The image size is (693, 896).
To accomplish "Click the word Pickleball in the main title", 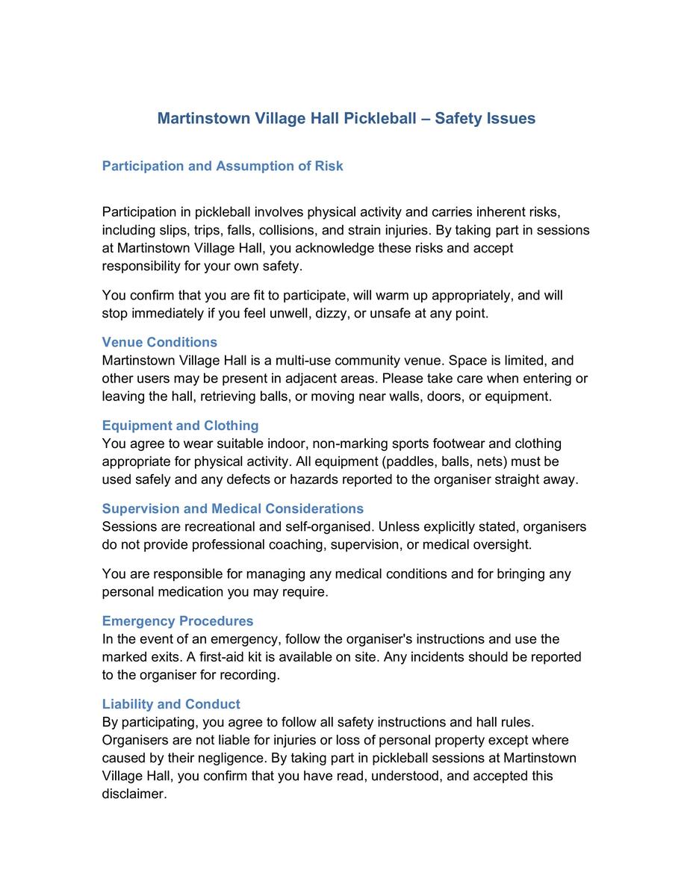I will [x=381, y=118].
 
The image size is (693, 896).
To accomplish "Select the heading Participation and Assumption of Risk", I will [x=223, y=166].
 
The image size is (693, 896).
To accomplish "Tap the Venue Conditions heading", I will [x=159, y=342].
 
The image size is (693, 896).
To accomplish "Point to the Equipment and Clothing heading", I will [x=180, y=426].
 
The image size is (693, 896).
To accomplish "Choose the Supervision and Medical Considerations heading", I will [x=232, y=508].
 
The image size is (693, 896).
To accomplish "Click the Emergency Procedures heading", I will [x=178, y=621].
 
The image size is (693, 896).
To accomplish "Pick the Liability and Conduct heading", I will [x=171, y=704].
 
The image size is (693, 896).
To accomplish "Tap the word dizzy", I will [x=329, y=314].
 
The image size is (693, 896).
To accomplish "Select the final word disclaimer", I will [x=134, y=794].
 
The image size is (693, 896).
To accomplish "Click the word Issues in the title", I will [x=511, y=118].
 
